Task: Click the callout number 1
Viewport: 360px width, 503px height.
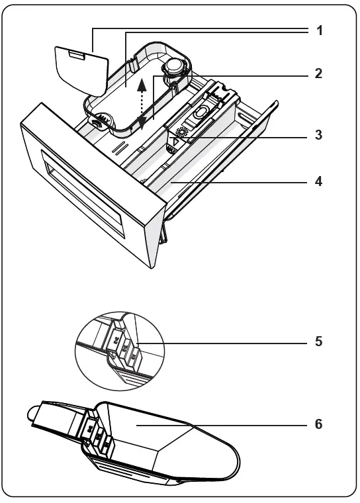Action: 319,30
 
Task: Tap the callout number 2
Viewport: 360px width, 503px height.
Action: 319,73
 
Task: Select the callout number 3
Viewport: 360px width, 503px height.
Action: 319,135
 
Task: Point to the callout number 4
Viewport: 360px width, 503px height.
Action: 319,180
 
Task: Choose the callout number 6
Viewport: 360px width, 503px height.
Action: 319,424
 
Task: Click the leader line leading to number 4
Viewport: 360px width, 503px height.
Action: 238,180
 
